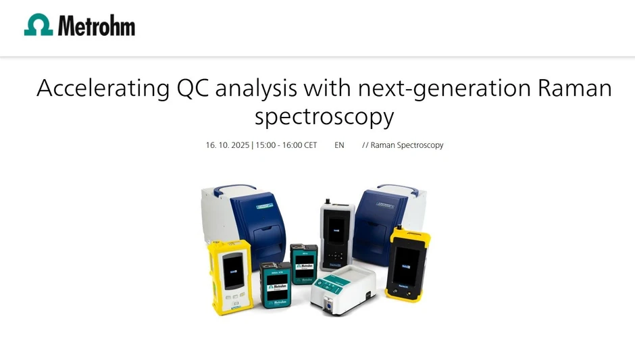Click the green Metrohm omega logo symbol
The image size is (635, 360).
[x=39, y=25]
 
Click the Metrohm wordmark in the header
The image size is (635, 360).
[x=97, y=26]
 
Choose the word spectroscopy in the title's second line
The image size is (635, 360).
[x=324, y=117]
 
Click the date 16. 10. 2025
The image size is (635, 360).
[x=227, y=145]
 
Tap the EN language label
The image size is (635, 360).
[x=339, y=145]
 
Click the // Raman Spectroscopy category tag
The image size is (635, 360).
[x=403, y=145]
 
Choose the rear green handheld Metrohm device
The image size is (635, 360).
[x=304, y=263]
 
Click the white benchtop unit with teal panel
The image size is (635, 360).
[x=343, y=287]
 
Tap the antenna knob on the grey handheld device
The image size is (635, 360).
[x=326, y=201]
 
